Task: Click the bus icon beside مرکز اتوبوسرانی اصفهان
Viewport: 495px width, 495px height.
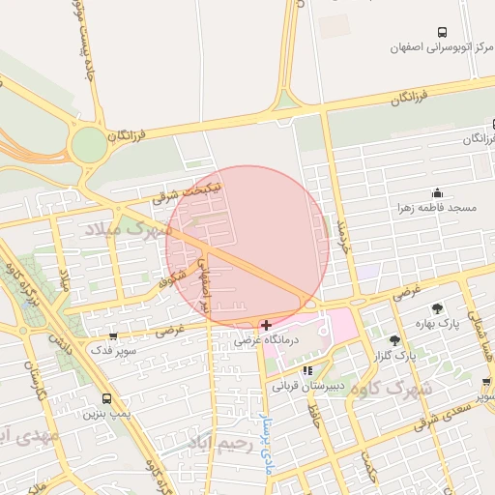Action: tap(442, 32)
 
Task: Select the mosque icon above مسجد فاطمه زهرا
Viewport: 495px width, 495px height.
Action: tap(437, 192)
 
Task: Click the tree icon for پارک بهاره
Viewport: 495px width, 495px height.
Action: tap(440, 308)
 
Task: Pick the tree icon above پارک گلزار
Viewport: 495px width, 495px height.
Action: tap(394, 340)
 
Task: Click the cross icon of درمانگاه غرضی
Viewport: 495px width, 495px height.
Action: tap(266, 325)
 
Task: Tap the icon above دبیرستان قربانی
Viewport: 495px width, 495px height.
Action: tap(307, 370)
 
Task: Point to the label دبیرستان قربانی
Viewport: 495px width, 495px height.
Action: tap(307, 385)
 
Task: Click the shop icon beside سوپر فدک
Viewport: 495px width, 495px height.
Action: tap(113, 337)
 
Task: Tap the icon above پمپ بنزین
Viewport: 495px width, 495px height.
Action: tap(106, 398)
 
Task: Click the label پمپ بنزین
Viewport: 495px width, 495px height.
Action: tap(105, 413)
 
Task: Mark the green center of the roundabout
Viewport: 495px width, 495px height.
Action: tap(88, 145)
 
